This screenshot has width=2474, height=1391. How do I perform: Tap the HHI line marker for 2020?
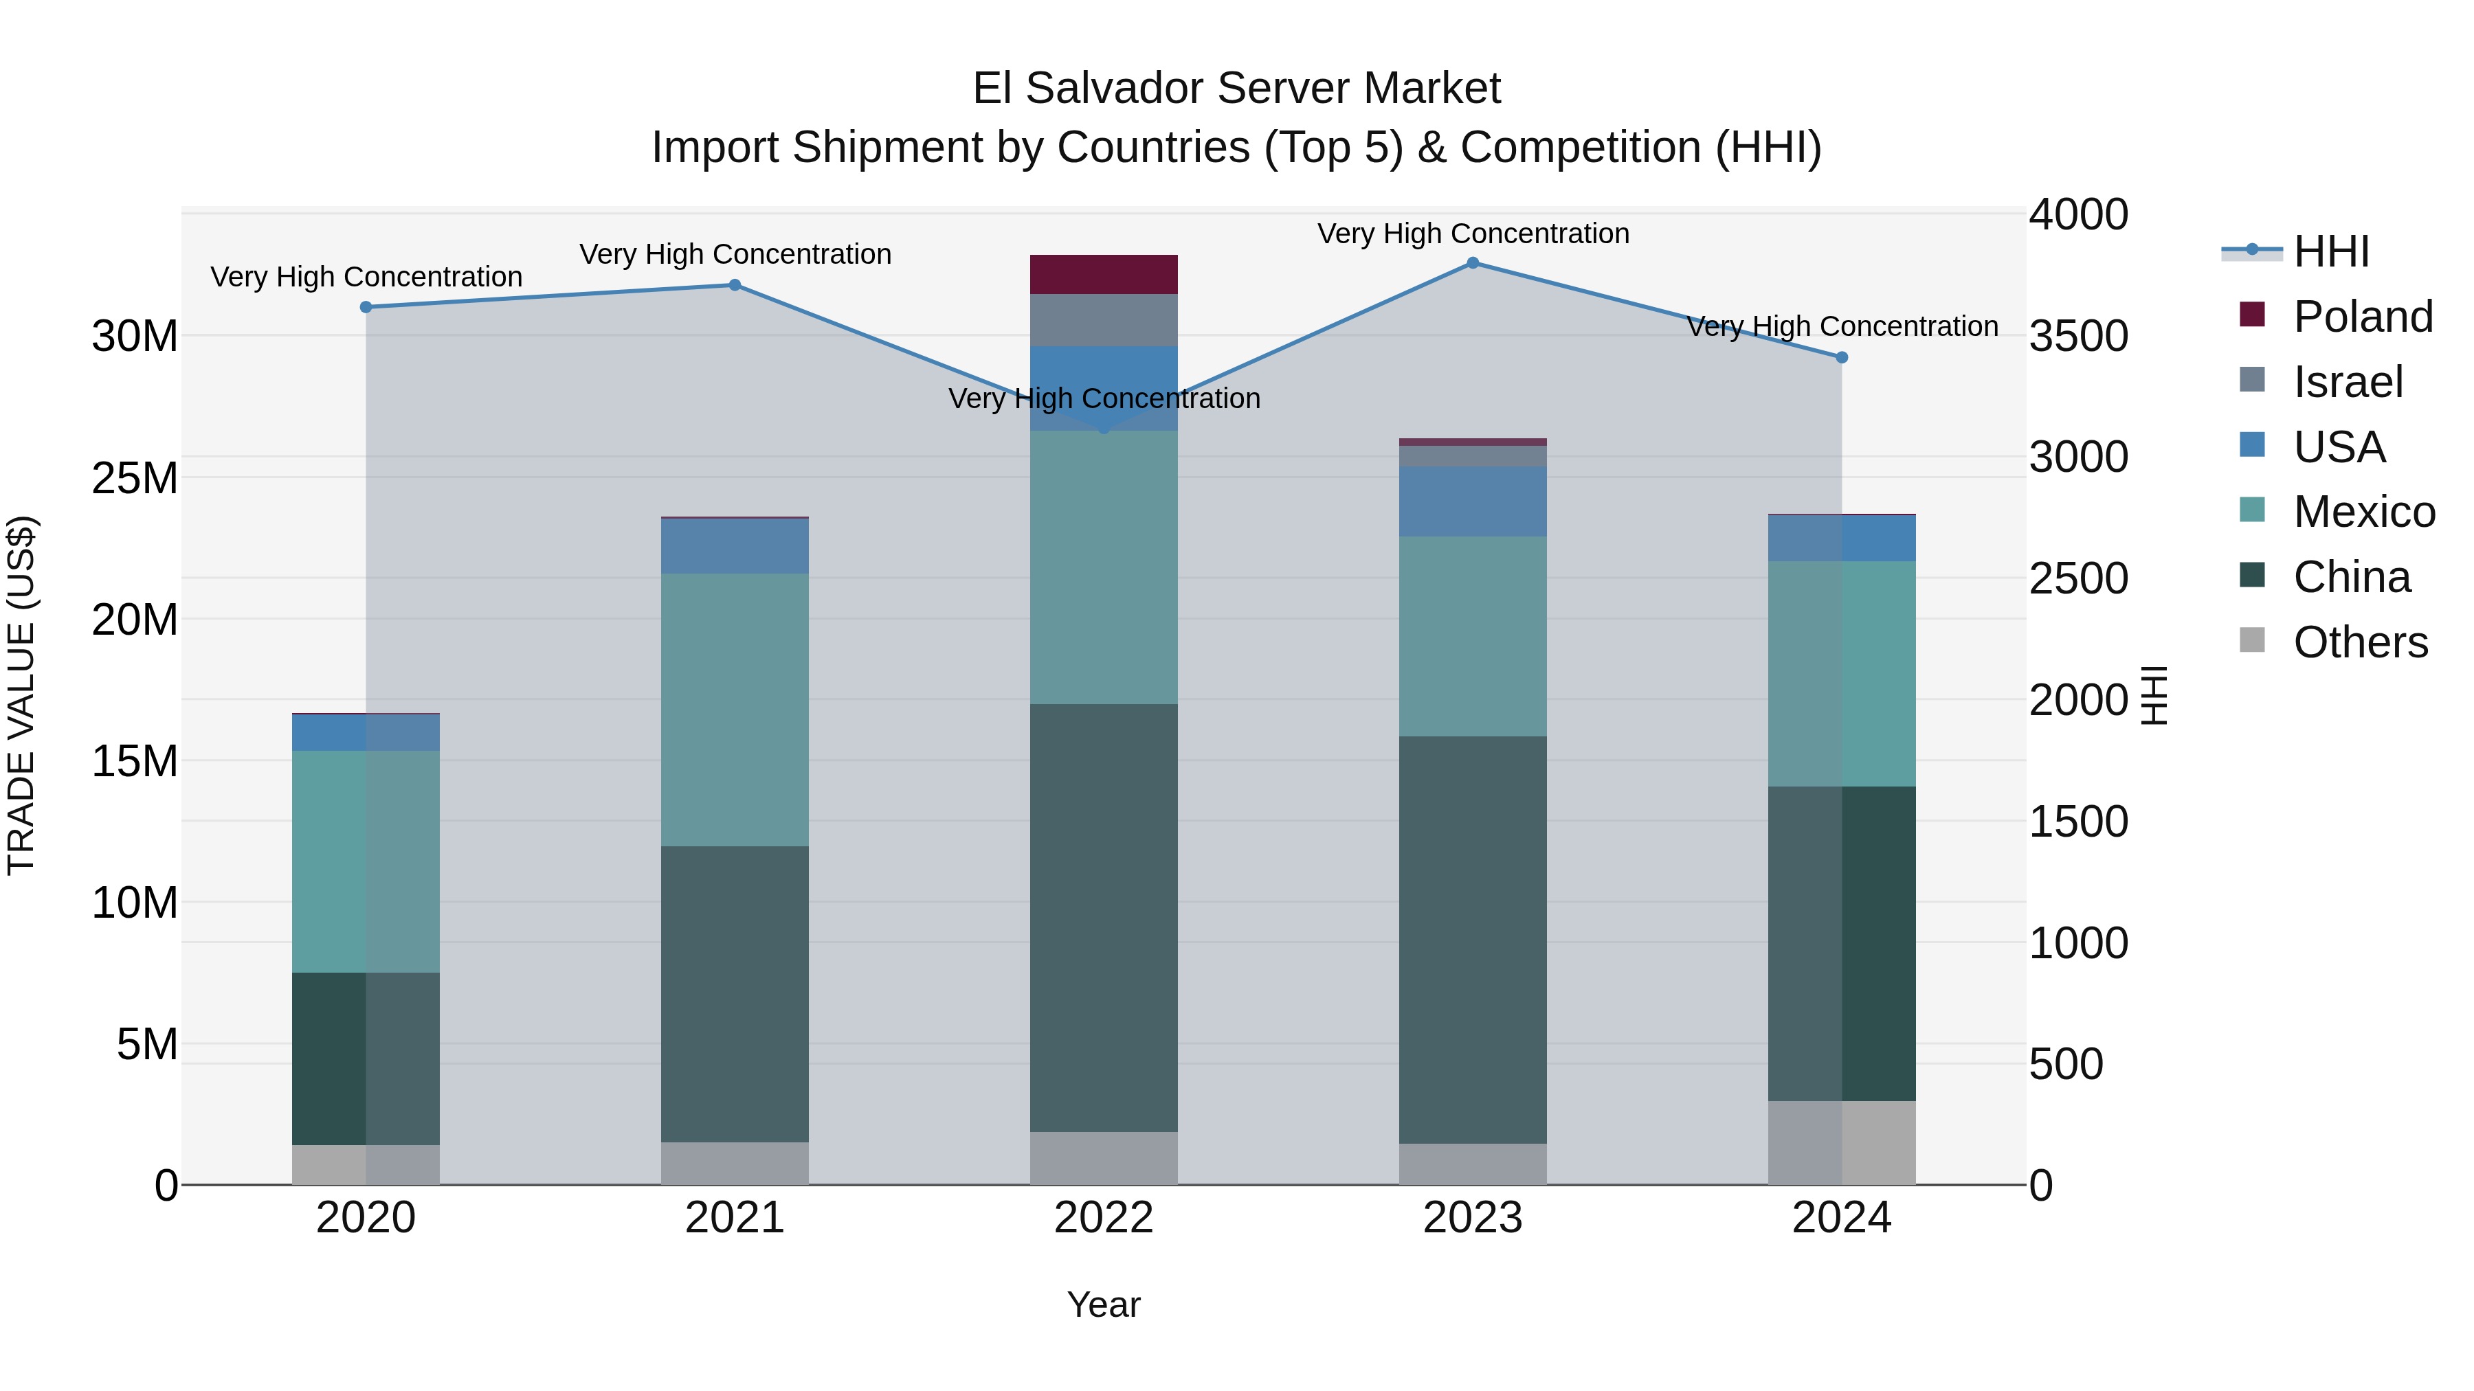click(x=366, y=307)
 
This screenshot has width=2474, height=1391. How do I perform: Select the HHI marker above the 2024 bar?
click(x=1841, y=357)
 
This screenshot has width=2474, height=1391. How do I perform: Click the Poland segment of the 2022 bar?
click(x=1104, y=275)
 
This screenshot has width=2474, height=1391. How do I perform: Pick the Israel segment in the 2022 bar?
click(x=1104, y=321)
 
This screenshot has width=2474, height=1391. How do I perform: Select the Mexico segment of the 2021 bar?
click(x=735, y=710)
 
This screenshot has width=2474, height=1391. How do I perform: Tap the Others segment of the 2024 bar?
click(x=1841, y=1142)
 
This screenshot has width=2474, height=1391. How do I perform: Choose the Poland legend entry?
click(x=2363, y=317)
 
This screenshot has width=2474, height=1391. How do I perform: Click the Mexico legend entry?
click(x=2363, y=512)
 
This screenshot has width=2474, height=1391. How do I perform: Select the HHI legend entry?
click(x=2331, y=251)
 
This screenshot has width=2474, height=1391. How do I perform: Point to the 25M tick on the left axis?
click(x=135, y=478)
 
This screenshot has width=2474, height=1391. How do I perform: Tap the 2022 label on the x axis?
click(x=1104, y=1218)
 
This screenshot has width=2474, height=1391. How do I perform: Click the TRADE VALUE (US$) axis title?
click(x=21, y=695)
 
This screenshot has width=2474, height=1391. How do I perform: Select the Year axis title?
click(x=1104, y=1304)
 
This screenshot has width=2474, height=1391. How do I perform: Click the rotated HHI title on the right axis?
click(x=2154, y=695)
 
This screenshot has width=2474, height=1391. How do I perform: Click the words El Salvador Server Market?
click(x=1236, y=89)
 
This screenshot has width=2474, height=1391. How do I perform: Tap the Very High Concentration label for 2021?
click(x=735, y=254)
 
